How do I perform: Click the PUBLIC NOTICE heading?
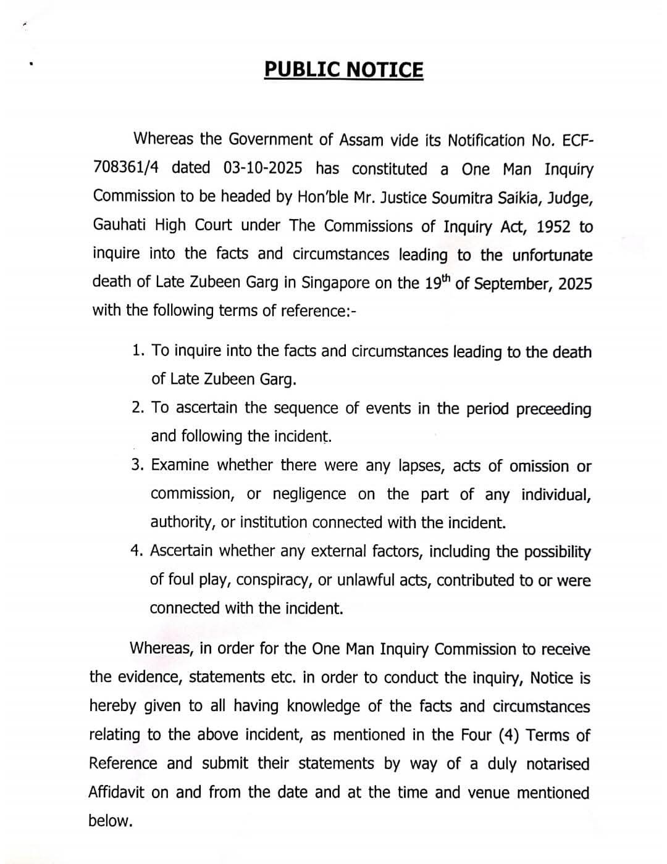click(x=344, y=70)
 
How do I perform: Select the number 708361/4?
click(x=127, y=168)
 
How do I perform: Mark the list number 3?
click(x=137, y=465)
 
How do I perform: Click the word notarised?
click(x=558, y=764)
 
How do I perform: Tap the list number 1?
click(x=138, y=351)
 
